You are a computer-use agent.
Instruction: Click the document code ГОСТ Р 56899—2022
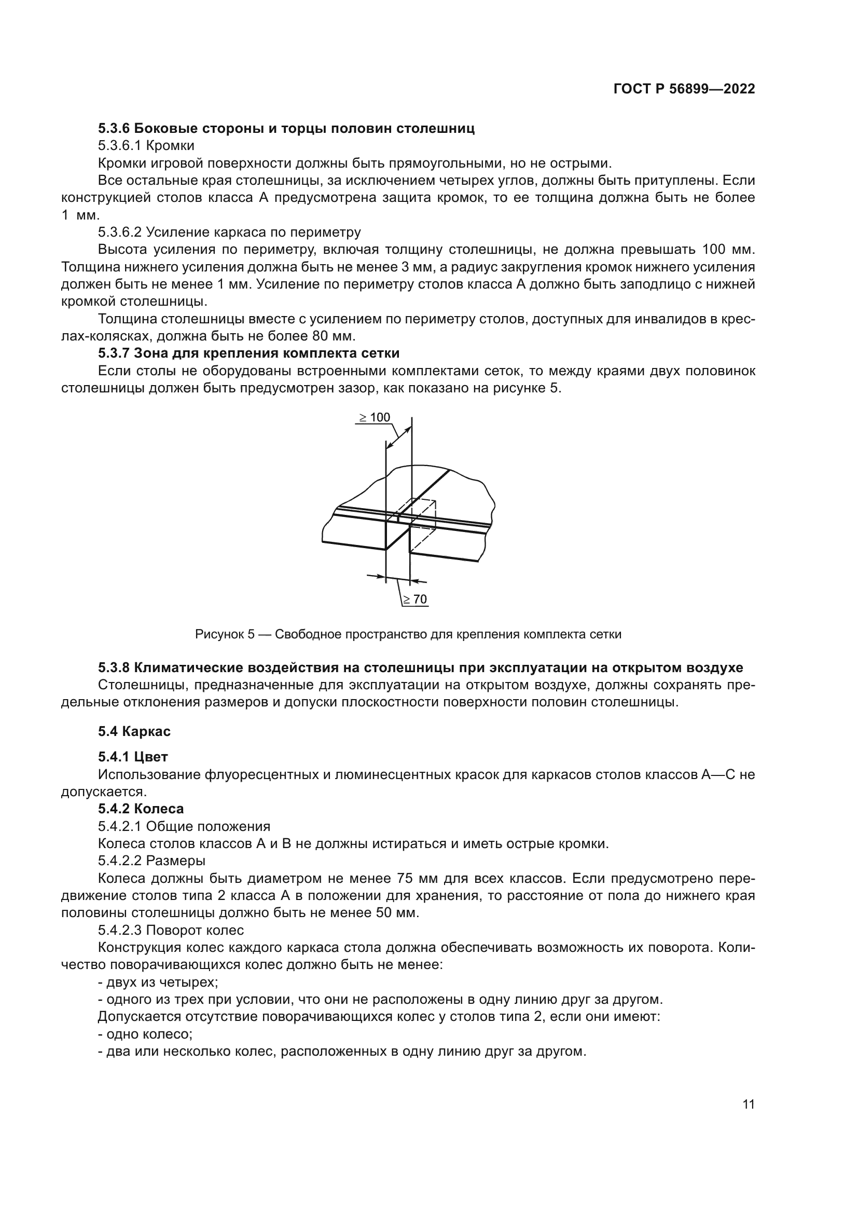coord(684,89)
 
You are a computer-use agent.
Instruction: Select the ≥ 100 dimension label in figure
coord(375,418)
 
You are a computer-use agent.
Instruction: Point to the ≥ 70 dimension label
coord(416,599)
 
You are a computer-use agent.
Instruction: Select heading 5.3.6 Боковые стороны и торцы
coord(286,129)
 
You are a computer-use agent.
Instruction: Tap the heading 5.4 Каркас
coord(134,732)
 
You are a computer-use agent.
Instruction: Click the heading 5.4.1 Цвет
coord(133,757)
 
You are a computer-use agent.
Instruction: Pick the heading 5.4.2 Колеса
coord(141,809)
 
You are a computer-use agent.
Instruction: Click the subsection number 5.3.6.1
coord(120,145)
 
